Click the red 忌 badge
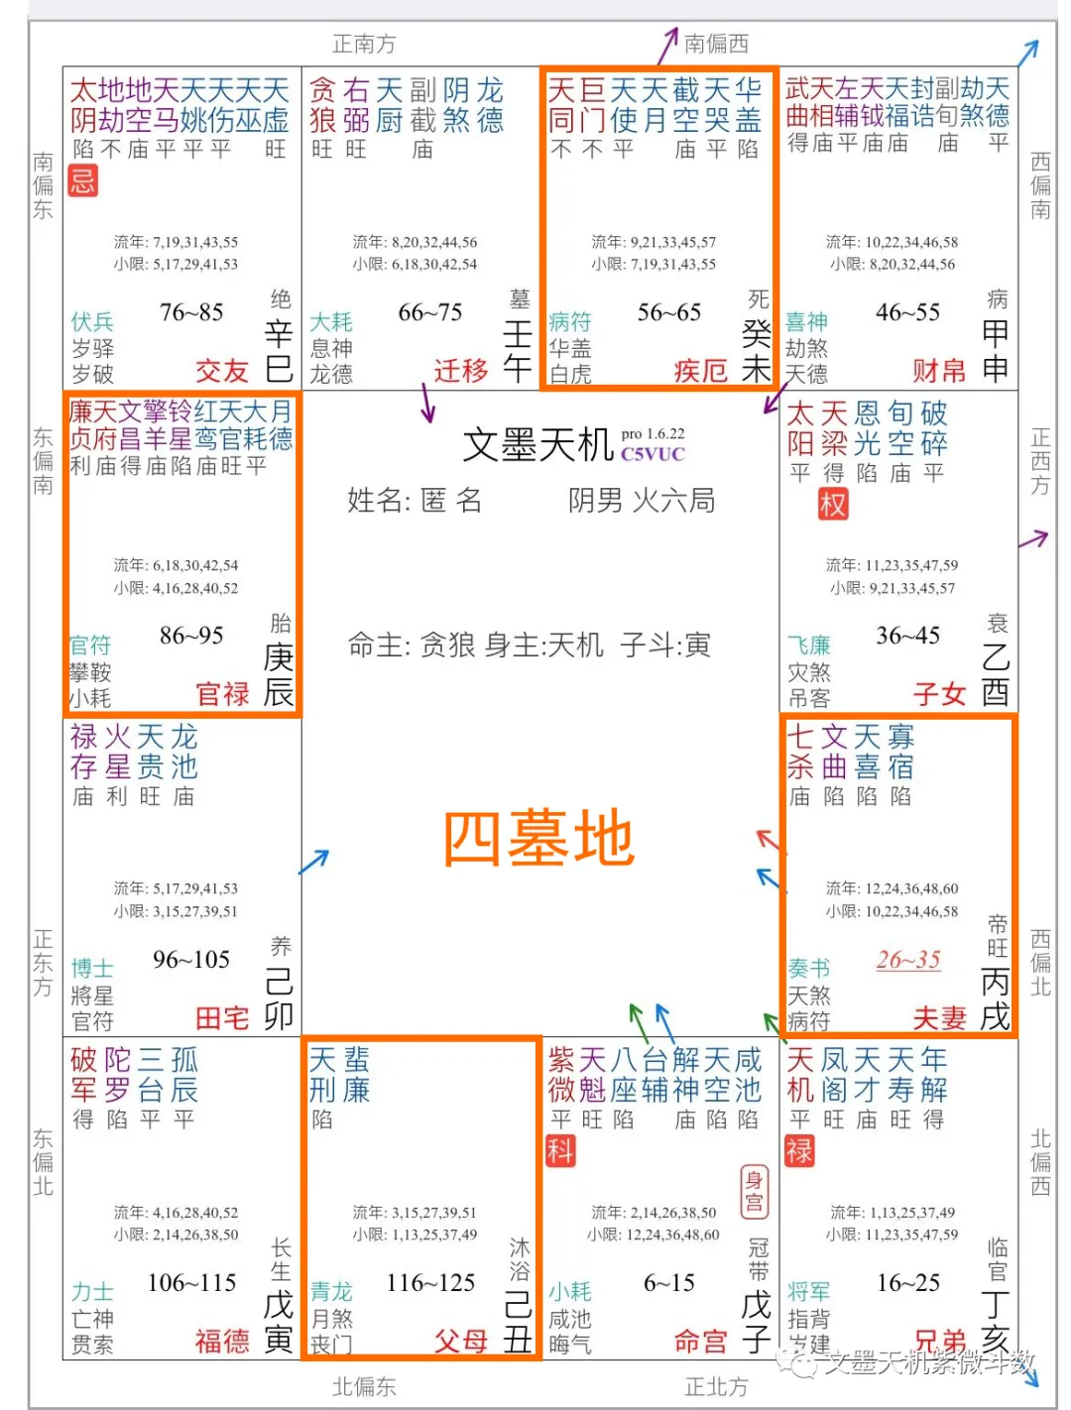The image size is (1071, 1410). pyautogui.click(x=83, y=180)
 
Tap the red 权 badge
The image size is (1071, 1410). pyautogui.click(x=833, y=505)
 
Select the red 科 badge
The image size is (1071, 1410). pyautogui.click(x=560, y=1151)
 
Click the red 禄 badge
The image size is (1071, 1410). pyautogui.click(x=799, y=1151)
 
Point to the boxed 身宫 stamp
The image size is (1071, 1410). pyautogui.click(x=755, y=1191)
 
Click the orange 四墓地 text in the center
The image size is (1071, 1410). pyautogui.click(x=538, y=839)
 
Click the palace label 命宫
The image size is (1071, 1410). pyautogui.click(x=701, y=1342)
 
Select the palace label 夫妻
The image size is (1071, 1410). pyautogui.click(x=939, y=1018)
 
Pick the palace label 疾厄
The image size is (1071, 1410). pyautogui.click(x=701, y=371)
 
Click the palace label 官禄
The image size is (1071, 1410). pyautogui.click(x=222, y=694)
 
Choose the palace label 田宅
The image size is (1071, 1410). pyautogui.click(x=222, y=1018)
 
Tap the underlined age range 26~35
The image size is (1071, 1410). pyautogui.click(x=908, y=959)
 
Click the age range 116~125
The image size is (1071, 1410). pyautogui.click(x=431, y=1283)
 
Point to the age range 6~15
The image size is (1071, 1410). pyautogui.click(x=669, y=1283)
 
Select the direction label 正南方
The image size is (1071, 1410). pyautogui.click(x=364, y=44)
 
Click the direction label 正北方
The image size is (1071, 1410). pyautogui.click(x=716, y=1386)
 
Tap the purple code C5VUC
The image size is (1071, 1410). pyautogui.click(x=653, y=455)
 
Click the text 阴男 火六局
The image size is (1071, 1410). pyautogui.click(x=642, y=501)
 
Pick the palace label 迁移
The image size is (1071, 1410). pyautogui.click(x=461, y=371)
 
